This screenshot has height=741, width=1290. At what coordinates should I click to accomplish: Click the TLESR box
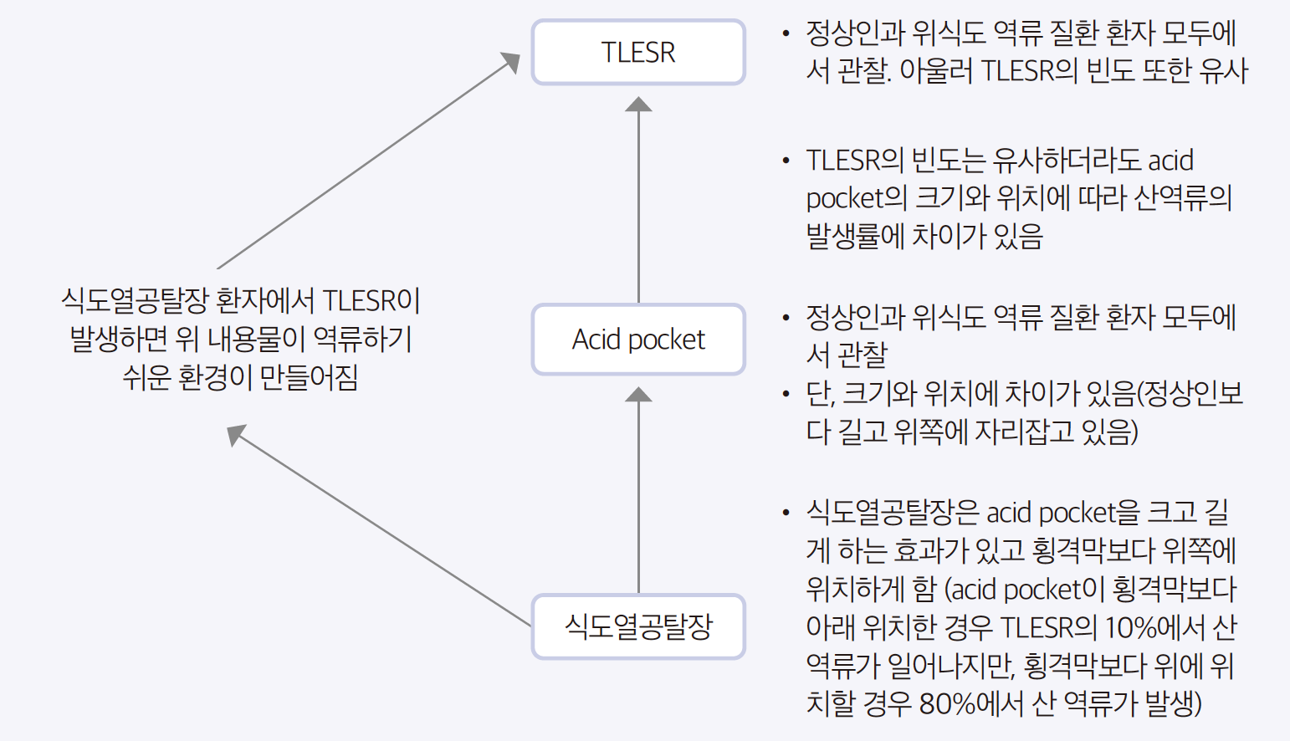point(638,52)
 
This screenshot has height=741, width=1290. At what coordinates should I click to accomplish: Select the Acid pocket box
point(638,340)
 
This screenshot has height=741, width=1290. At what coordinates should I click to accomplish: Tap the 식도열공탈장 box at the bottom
point(638,626)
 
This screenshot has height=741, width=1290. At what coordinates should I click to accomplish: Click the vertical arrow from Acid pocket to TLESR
point(638,201)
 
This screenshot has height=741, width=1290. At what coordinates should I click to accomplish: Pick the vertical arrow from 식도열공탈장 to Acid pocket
point(638,493)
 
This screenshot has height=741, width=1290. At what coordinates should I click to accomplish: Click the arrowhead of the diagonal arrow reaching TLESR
point(510,61)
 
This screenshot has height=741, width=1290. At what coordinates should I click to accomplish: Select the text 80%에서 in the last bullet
point(970,703)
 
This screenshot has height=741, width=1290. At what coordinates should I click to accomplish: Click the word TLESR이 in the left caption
point(371,300)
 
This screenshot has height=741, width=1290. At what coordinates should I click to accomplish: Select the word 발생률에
point(856,236)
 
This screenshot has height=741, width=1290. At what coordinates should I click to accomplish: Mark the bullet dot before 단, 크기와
point(786,393)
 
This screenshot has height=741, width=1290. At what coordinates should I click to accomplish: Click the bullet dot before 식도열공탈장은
point(786,512)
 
